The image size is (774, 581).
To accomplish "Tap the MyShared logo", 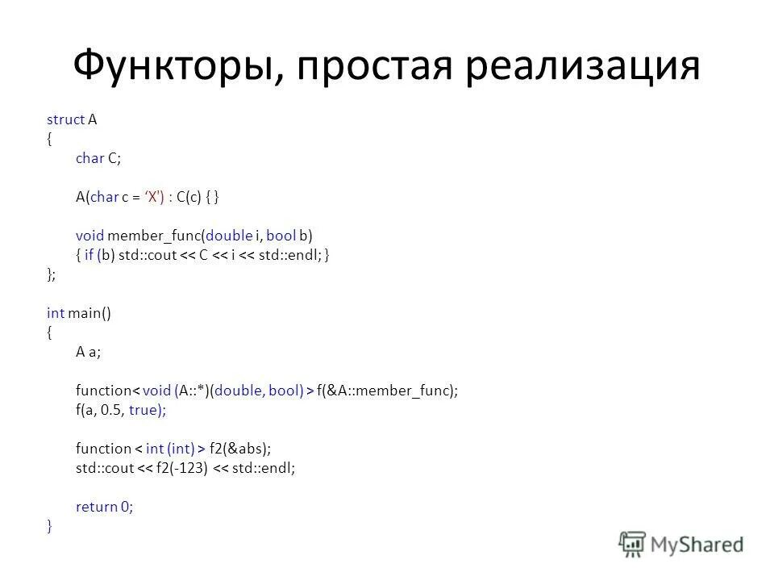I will [x=682, y=543].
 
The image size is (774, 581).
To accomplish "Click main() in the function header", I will [x=89, y=313].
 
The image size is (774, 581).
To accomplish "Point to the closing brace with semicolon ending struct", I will [x=51, y=274].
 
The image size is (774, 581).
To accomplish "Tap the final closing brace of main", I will [x=49, y=526].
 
